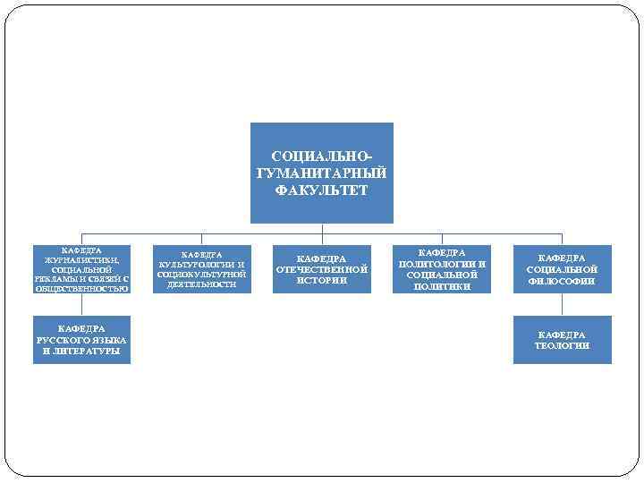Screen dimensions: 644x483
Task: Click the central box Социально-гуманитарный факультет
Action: (321, 173)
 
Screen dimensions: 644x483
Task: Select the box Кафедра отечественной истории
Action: (321, 269)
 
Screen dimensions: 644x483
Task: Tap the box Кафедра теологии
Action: (562, 340)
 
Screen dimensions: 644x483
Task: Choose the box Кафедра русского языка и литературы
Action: (81, 340)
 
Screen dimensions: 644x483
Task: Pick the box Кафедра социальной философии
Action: (562, 269)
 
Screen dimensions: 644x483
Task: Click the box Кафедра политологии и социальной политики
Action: (442, 269)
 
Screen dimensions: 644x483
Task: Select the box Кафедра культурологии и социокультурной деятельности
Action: (201, 269)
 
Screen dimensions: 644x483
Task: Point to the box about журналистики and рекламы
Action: (81, 269)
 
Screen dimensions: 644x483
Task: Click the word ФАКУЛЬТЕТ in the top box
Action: (321, 191)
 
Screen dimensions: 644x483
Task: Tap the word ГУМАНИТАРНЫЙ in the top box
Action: (321, 174)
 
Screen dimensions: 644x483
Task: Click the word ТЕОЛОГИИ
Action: (562, 345)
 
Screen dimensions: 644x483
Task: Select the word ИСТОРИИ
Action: (321, 281)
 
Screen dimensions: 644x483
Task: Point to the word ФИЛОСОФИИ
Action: (562, 281)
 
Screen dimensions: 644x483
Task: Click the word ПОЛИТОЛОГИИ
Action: (442, 264)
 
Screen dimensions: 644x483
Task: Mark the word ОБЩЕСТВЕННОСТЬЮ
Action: (81, 289)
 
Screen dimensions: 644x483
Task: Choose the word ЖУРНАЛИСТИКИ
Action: (81, 259)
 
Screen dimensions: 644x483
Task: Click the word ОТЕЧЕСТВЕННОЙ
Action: (321, 269)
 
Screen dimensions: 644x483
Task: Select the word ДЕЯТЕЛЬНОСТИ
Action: (201, 284)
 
